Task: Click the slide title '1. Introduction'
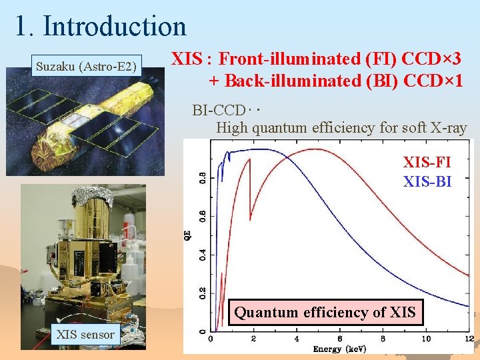[101, 26]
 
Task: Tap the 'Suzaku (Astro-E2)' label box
[87, 66]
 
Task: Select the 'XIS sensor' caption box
[85, 335]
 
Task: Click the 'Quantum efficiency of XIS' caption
[325, 312]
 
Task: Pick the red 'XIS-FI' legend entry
[427, 162]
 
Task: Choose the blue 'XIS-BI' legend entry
[427, 181]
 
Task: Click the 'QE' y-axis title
[194, 235]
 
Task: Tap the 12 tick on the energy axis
[469, 339]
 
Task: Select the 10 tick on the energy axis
[425, 339]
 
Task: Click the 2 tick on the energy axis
[253, 339]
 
